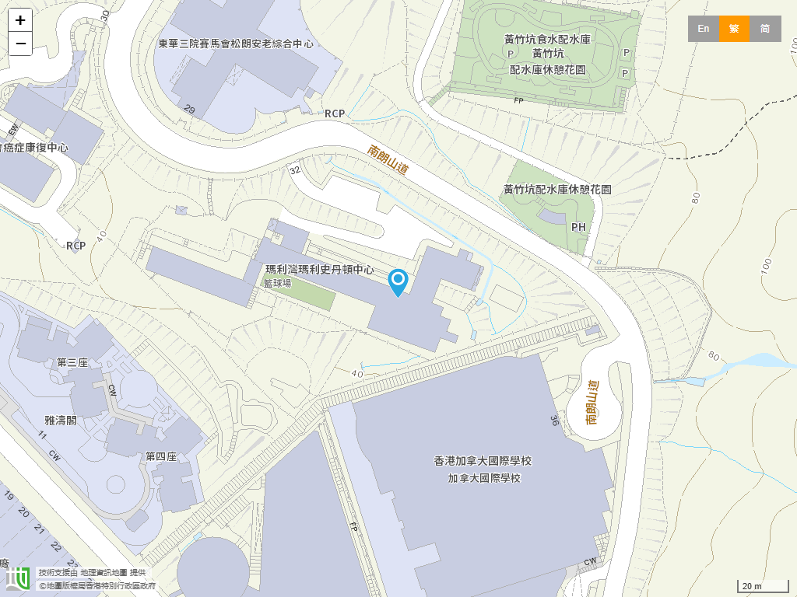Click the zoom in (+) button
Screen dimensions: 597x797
click(x=20, y=20)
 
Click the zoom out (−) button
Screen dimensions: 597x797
click(x=20, y=44)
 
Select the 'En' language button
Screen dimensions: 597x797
click(x=703, y=29)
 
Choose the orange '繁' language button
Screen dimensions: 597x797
click(x=734, y=29)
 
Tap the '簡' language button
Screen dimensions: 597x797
click(x=765, y=29)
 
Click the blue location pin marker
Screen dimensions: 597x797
click(x=398, y=281)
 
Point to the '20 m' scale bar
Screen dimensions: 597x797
click(x=762, y=585)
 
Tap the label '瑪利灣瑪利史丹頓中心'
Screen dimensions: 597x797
click(x=320, y=270)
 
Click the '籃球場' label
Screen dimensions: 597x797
click(x=277, y=283)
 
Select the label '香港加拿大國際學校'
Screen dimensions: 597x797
click(x=483, y=461)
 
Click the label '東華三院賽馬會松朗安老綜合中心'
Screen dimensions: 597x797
click(x=236, y=44)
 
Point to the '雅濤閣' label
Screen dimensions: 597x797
click(x=61, y=420)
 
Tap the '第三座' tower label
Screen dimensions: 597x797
click(x=72, y=362)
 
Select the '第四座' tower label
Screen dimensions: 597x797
click(x=161, y=456)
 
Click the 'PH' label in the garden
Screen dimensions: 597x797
click(x=578, y=227)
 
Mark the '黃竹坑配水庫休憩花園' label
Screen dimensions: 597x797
click(x=557, y=189)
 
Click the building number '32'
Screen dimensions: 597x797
click(x=294, y=169)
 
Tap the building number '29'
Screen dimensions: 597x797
click(x=189, y=110)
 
